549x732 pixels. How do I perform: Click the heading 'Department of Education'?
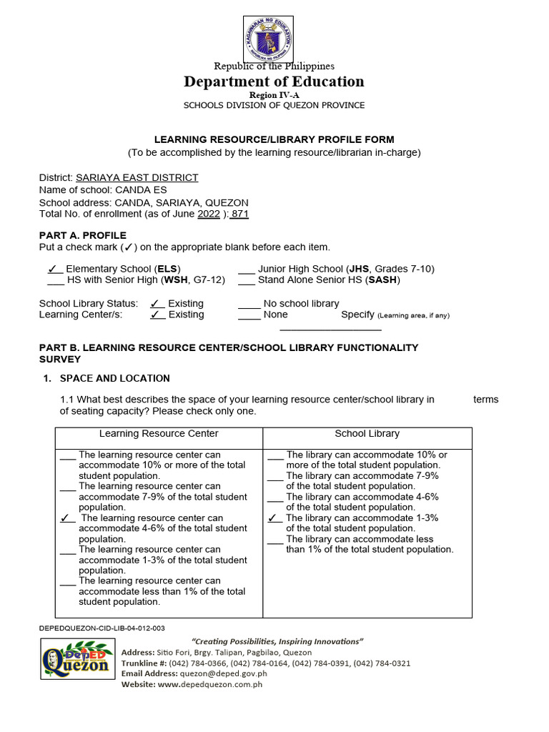coord(274,81)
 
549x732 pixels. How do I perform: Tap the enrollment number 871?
coord(239,214)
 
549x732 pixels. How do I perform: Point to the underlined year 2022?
coord(209,214)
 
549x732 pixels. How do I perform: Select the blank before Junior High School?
coord(246,269)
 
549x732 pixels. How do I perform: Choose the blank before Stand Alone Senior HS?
coord(246,280)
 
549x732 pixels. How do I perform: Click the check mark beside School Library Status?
coord(157,303)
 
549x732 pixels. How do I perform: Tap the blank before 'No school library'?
coord(249,304)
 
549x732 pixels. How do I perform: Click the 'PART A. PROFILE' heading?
coord(83,235)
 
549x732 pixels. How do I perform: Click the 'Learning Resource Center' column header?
coord(159,433)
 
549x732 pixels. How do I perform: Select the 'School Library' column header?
coord(367,433)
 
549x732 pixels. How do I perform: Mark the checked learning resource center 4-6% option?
coord(67,518)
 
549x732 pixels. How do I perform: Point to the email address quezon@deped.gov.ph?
coord(223,673)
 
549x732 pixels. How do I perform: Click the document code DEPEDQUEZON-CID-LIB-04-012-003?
coord(102,628)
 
